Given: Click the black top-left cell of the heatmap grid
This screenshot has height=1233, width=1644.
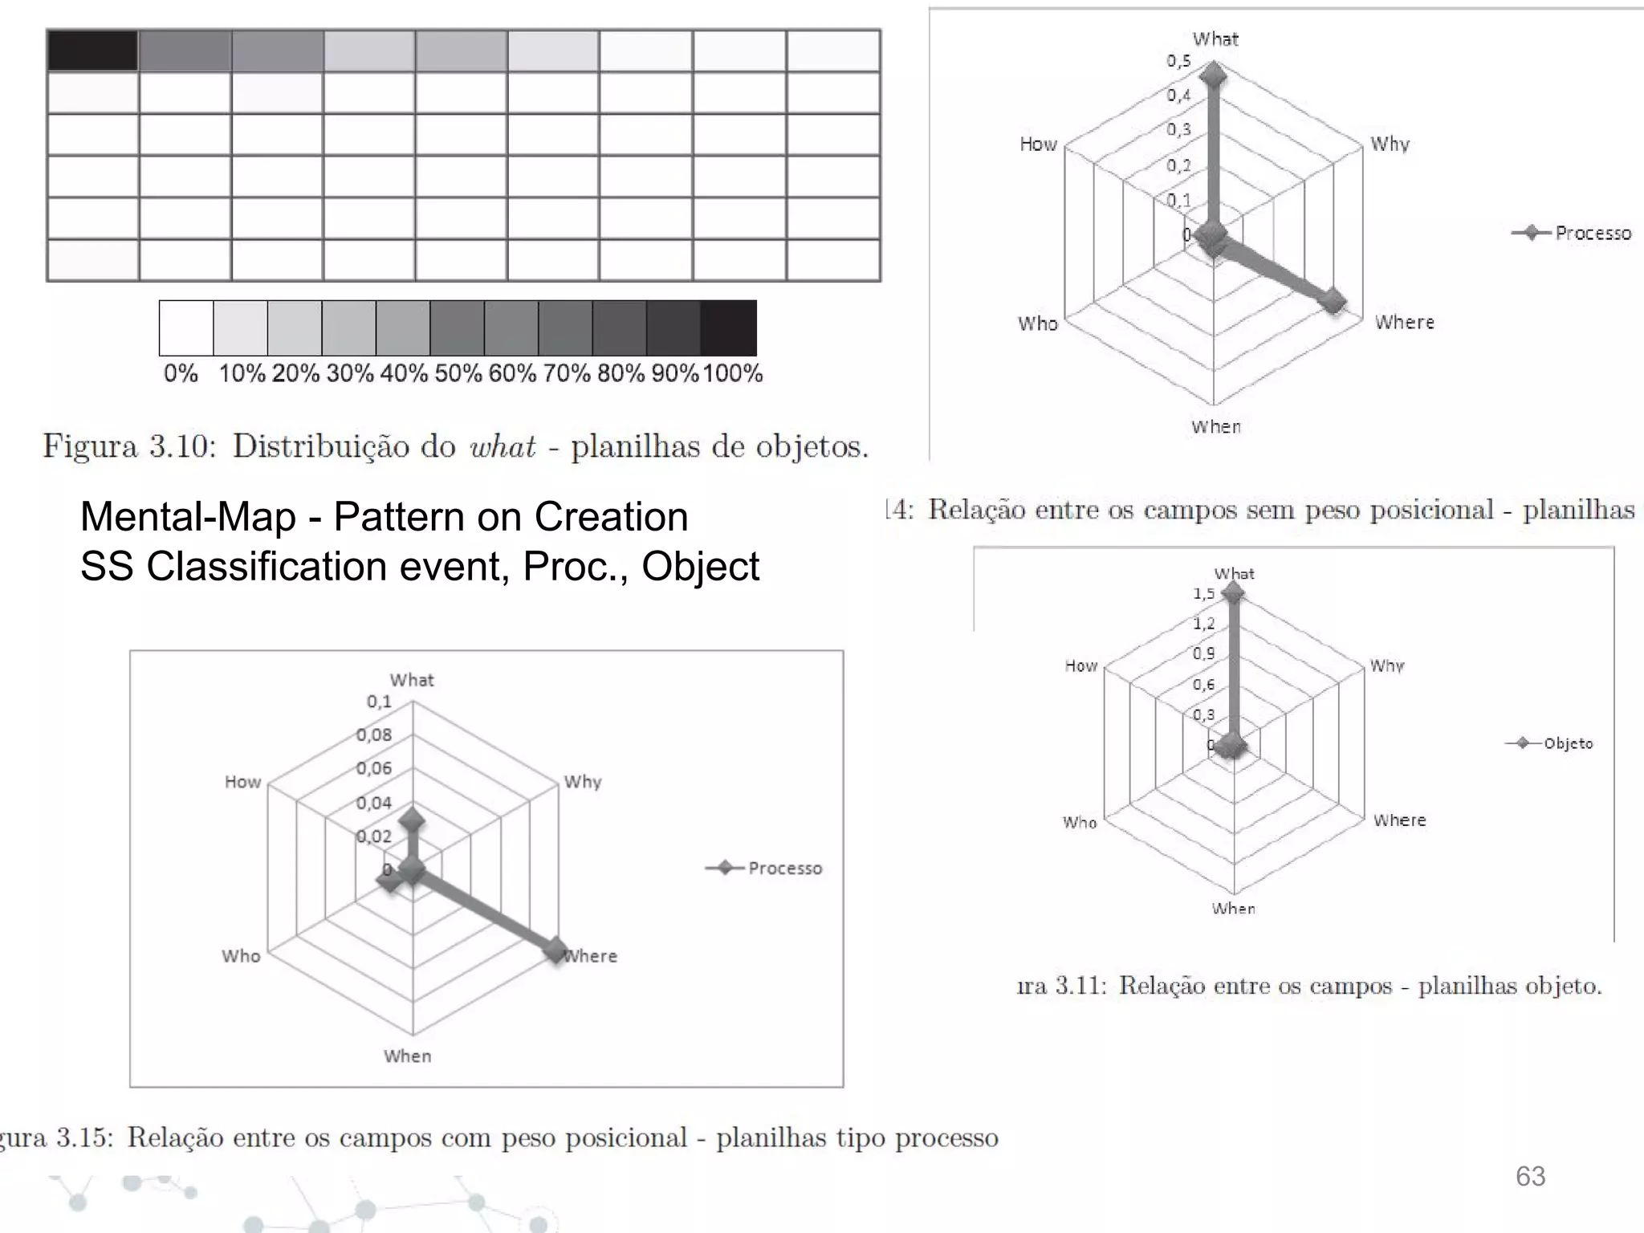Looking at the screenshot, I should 92,51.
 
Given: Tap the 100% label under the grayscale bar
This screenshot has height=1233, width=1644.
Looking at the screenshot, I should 732,373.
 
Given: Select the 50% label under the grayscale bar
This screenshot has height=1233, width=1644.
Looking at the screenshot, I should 458,373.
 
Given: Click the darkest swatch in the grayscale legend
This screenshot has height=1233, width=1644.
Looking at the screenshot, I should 728,328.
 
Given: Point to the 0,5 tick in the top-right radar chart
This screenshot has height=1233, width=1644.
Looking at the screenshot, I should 1178,61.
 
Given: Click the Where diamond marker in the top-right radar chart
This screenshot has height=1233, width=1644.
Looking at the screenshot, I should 1333,302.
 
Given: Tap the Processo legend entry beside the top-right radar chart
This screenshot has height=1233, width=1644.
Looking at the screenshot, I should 1592,233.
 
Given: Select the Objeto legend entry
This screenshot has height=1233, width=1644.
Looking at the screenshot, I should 1567,743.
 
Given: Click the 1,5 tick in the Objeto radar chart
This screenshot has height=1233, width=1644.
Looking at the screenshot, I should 1203,594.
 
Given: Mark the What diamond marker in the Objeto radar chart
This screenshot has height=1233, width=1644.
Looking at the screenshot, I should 1233,593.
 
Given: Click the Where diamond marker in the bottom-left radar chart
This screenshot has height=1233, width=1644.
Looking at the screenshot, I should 555,950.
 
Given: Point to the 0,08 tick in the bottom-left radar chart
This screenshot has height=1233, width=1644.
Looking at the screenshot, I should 374,735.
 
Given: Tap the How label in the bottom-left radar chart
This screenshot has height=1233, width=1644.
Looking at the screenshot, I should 242,782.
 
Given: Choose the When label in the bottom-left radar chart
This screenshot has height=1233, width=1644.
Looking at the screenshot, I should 407,1056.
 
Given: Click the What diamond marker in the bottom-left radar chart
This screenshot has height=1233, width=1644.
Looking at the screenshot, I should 412,821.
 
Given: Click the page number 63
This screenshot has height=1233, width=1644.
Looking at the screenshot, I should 1530,1176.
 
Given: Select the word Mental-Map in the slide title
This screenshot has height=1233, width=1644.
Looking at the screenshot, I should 188,516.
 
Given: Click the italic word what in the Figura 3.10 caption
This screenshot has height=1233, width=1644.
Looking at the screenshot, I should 503,446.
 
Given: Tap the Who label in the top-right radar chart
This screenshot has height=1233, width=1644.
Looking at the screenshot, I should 1037,324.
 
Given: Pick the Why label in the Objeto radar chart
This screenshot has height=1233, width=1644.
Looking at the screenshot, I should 1387,665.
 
